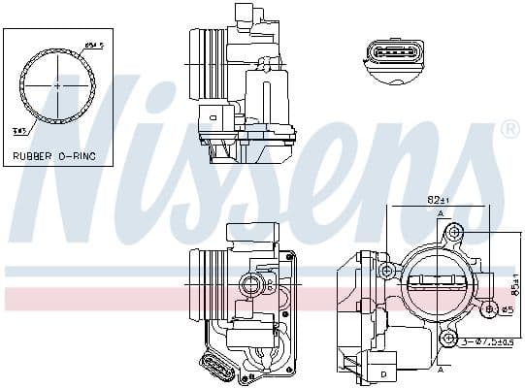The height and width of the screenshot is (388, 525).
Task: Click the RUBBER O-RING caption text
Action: tap(55, 154)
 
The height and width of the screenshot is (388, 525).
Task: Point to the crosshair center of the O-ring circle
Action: tap(56, 85)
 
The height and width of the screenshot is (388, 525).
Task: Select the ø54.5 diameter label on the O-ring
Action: tap(94, 46)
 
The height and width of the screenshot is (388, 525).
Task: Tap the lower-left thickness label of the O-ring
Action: tap(20, 127)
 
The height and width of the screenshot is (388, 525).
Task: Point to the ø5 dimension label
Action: tap(506, 309)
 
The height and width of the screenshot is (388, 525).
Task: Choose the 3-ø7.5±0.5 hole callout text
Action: tap(490, 340)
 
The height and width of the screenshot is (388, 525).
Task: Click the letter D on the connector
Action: tap(384, 372)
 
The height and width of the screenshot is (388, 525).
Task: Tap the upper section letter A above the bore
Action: tap(441, 212)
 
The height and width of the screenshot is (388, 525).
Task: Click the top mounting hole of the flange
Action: tap(452, 234)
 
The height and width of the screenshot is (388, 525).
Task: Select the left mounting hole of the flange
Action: tap(385, 269)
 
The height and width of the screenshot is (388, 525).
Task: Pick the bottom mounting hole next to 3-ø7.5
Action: tap(448, 338)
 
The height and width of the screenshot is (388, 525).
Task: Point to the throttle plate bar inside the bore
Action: tap(440, 284)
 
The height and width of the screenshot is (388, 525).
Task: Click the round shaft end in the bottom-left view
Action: tap(252, 284)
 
